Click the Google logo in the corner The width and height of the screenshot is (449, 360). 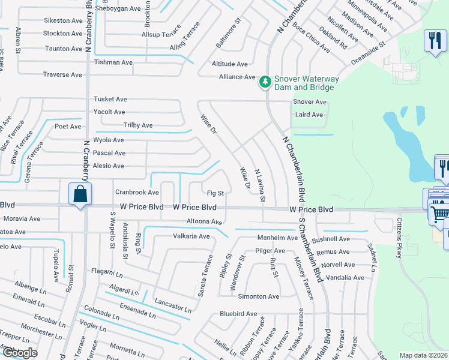20,353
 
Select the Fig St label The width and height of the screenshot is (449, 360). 215,193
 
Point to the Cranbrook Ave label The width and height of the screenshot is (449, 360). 137,193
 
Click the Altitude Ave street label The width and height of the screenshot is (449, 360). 229,64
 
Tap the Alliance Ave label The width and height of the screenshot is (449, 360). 237,77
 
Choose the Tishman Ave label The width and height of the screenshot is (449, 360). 113,62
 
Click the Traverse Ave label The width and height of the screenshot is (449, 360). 62,74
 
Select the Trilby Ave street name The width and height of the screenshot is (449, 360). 138,125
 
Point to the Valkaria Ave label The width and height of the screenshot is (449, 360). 191,236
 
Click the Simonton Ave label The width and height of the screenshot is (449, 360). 258,296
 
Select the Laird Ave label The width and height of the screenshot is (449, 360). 309,115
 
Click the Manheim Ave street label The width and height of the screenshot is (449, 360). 277,238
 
